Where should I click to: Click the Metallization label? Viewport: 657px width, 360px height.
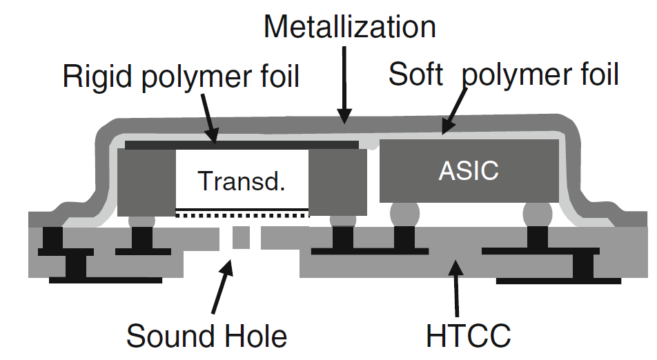click(x=349, y=28)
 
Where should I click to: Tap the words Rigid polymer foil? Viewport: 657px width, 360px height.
click(x=181, y=76)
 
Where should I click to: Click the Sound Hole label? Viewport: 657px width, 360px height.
click(x=206, y=336)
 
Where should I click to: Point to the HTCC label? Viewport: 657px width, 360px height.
click(x=468, y=336)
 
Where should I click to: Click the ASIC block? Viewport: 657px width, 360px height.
click(x=469, y=171)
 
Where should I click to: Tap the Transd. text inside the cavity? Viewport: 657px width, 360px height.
click(x=241, y=181)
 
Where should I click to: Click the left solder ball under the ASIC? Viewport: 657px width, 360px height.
click(x=404, y=213)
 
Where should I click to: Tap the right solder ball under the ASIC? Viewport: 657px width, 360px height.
click(x=538, y=213)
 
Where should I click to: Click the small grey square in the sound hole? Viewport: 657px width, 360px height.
click(x=241, y=238)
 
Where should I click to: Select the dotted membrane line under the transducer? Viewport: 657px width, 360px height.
click(x=241, y=215)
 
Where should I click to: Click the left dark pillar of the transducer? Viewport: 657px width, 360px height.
click(x=147, y=181)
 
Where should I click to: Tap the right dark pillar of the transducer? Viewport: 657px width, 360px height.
click(x=336, y=181)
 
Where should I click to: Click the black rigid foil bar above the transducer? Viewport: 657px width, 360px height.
click(x=242, y=145)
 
